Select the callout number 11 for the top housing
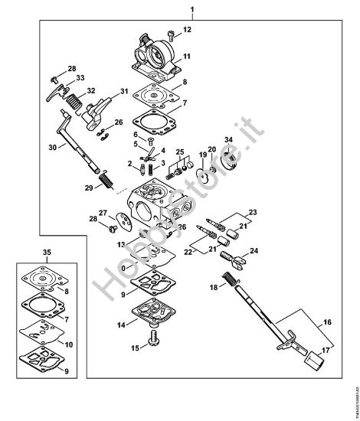(x=187, y=58)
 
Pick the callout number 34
(x=227, y=139)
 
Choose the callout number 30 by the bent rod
(x=52, y=148)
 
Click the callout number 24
(x=254, y=251)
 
